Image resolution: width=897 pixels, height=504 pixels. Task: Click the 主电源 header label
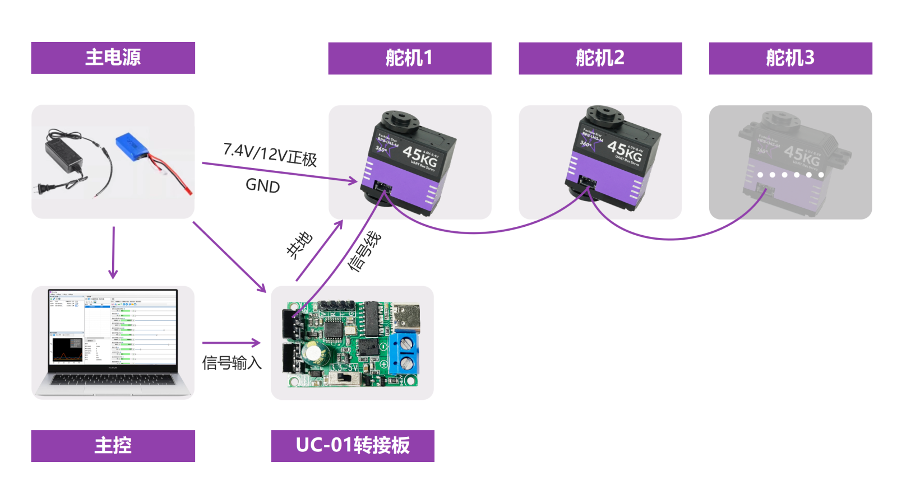[113, 58]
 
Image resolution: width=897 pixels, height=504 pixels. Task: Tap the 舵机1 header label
[409, 58]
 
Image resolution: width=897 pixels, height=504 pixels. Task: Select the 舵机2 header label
[600, 58]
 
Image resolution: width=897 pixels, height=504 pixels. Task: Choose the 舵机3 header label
[790, 58]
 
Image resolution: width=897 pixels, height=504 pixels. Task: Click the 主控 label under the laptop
[113, 446]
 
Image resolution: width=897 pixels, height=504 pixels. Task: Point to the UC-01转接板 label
[353, 446]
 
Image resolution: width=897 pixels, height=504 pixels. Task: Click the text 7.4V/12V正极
[270, 154]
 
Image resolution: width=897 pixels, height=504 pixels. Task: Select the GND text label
[262, 185]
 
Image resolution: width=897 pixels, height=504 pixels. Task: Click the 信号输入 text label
[232, 363]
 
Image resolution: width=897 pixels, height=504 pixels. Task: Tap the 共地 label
[299, 245]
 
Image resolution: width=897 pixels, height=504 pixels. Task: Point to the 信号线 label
[364, 251]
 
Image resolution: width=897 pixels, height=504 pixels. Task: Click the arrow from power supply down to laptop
[113, 252]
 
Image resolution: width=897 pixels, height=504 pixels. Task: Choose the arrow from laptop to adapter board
[231, 343]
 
